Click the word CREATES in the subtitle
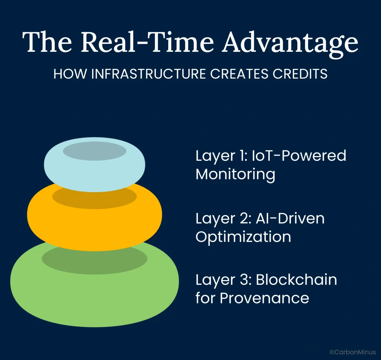[237, 74]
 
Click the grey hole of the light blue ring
[95, 151]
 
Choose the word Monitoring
[235, 174]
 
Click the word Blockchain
[296, 280]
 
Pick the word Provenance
[265, 298]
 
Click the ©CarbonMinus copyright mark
[353, 351]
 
